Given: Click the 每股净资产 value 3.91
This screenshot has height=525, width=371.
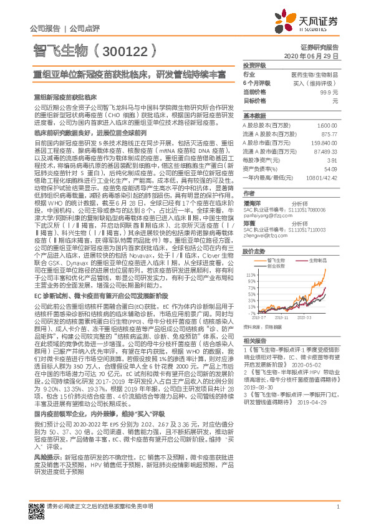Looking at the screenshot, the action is [x=332, y=160].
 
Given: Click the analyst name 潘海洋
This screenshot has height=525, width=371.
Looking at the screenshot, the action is [x=251, y=203].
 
